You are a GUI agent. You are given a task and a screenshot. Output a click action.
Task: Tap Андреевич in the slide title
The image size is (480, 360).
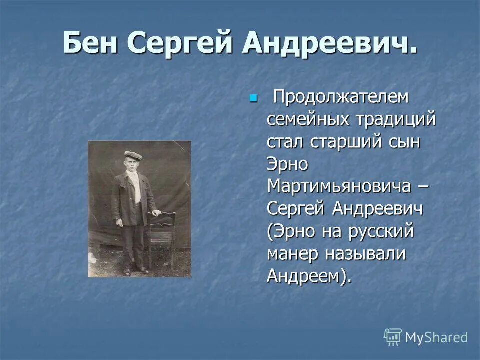[329, 43]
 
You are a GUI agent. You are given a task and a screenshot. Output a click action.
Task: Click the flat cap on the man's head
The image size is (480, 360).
[133, 155]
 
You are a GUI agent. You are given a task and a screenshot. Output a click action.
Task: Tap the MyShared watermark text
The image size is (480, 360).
[436, 337]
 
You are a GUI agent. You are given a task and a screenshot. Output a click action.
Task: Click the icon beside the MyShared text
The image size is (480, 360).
[393, 337]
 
